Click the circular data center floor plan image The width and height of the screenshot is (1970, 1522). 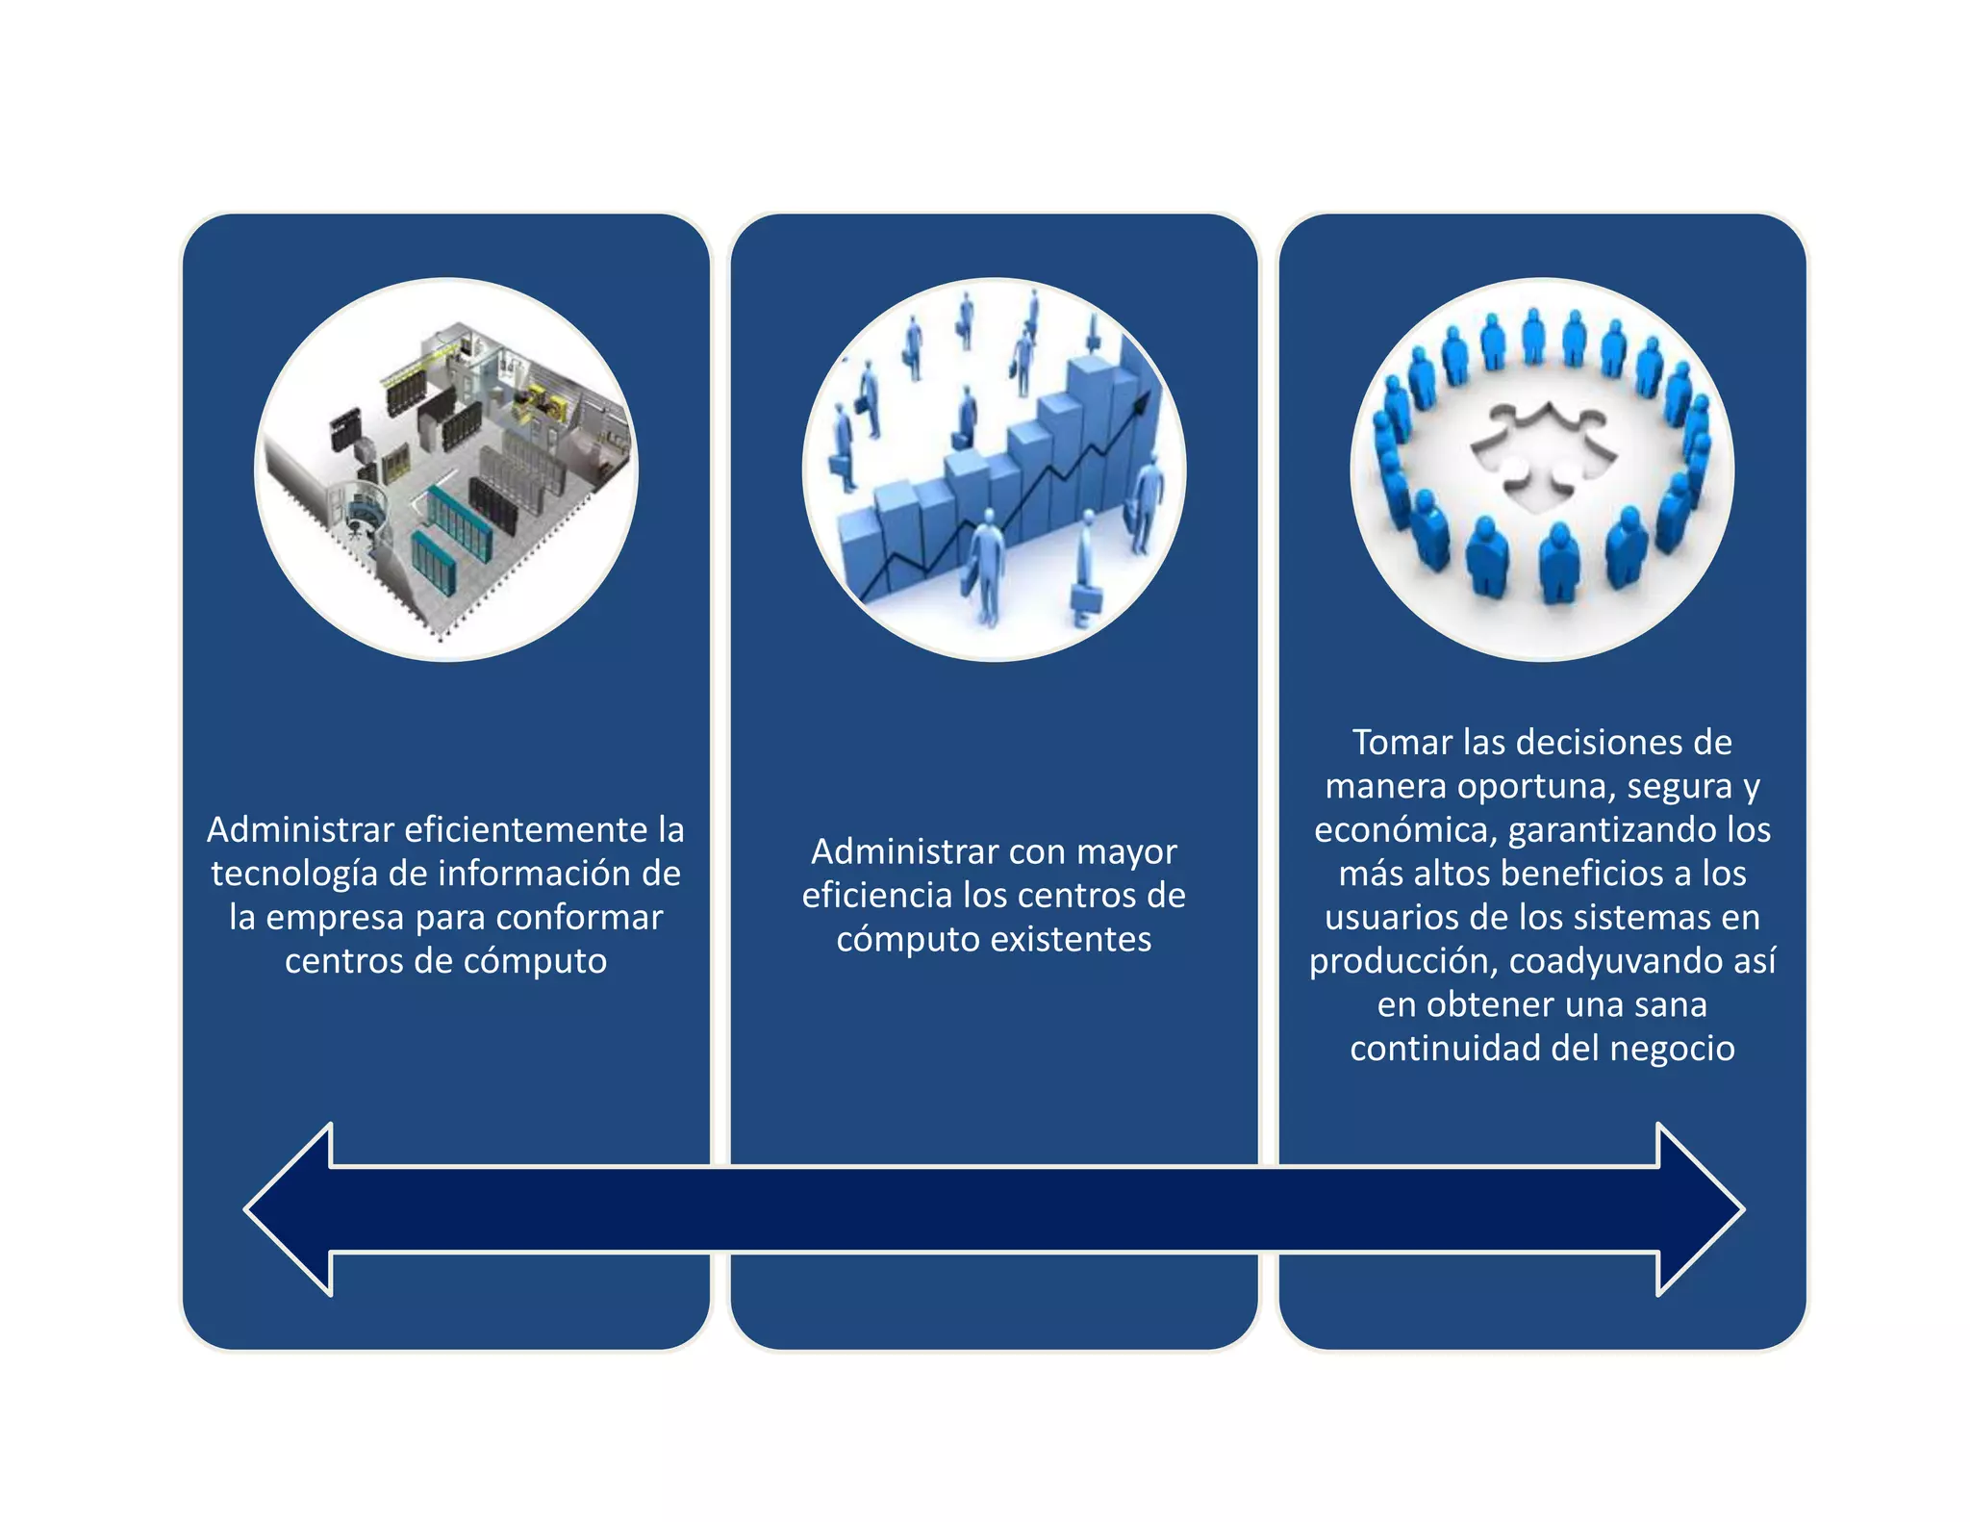point(446,469)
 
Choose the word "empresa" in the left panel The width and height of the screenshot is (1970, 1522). point(336,918)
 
